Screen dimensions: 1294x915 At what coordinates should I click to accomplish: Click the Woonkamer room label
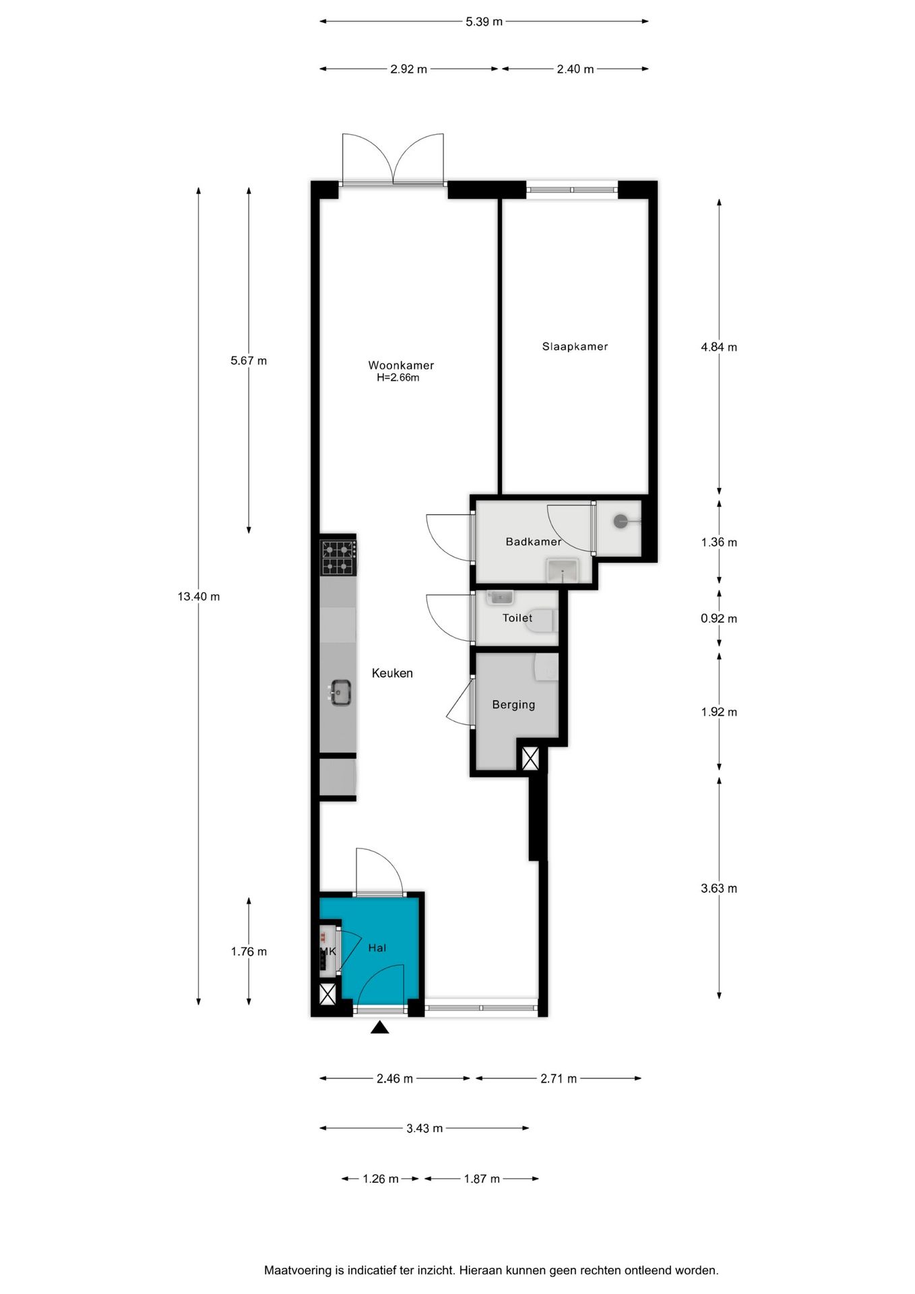tap(401, 365)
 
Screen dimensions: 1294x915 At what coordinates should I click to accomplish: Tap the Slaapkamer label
tap(575, 346)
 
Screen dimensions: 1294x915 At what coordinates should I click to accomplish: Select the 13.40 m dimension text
tap(199, 596)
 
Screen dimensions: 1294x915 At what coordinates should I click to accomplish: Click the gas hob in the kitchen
tap(338, 557)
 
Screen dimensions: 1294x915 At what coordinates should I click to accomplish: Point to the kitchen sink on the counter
tap(340, 692)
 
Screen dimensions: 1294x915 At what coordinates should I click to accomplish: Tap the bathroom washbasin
tap(562, 570)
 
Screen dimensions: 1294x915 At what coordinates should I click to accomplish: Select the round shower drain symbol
tap(620, 521)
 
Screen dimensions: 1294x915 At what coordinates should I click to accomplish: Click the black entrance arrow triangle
tap(380, 1027)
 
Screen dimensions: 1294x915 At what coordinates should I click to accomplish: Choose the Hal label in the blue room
tap(377, 948)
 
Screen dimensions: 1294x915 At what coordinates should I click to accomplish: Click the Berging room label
tap(513, 705)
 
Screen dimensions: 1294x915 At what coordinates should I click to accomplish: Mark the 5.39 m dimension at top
tap(484, 22)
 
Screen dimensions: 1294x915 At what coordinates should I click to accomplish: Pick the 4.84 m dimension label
tap(719, 347)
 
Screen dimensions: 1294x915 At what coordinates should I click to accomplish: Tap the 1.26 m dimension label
tap(381, 1179)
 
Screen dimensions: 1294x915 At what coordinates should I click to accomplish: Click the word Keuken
tap(392, 673)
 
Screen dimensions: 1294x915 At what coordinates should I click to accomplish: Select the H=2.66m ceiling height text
tap(398, 378)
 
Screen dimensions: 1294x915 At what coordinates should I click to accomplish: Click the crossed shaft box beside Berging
tap(530, 759)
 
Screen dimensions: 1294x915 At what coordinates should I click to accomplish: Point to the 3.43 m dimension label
tap(424, 1128)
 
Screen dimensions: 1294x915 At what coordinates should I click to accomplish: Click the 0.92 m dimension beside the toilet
tap(719, 619)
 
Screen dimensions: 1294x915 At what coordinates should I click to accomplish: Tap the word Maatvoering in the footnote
tap(297, 1270)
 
